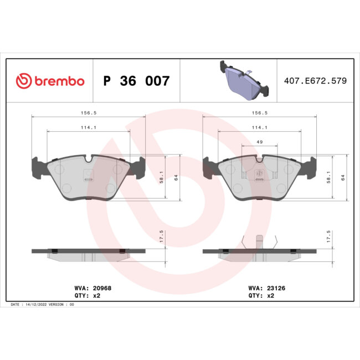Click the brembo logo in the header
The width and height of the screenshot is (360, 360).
tap(50, 81)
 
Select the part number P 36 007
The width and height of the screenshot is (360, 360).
tap(136, 81)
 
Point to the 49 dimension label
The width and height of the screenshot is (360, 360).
tap(260, 142)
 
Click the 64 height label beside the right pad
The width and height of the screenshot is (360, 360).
tap(344, 177)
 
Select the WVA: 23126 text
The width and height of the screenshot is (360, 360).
tap(267, 288)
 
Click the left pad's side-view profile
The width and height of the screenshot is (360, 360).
tap(89, 253)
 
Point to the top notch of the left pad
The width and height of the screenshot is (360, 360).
tap(89, 160)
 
